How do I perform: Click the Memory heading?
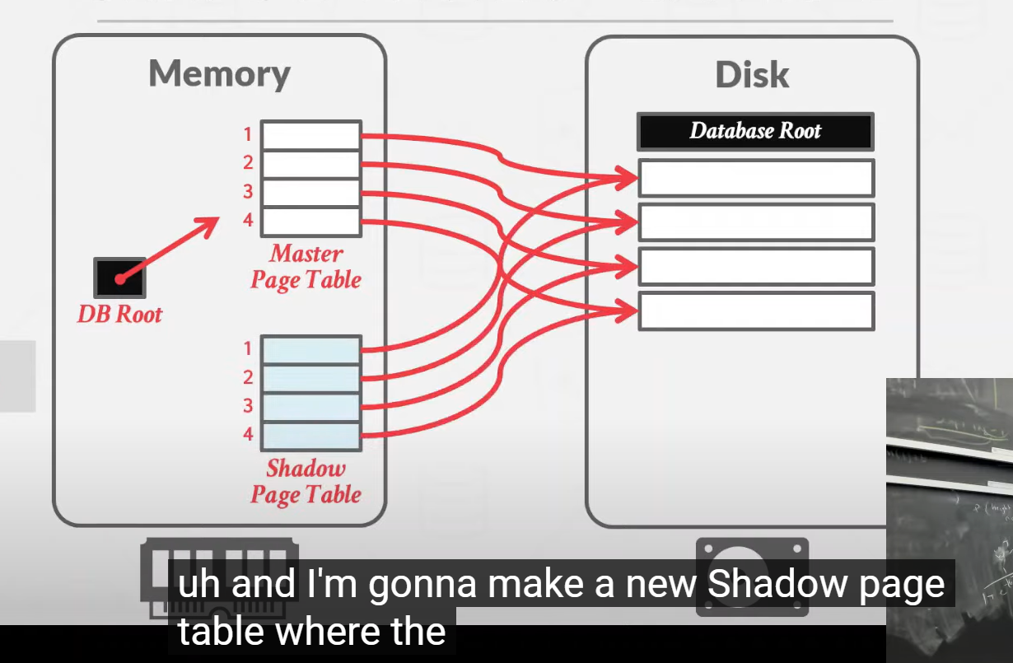click(x=219, y=73)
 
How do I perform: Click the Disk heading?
click(x=752, y=75)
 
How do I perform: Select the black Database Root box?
click(x=755, y=132)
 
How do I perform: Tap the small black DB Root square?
click(x=120, y=278)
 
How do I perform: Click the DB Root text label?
click(x=120, y=314)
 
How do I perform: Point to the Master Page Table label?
click(x=306, y=266)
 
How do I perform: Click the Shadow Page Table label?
click(x=306, y=482)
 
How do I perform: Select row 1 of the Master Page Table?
click(x=310, y=135)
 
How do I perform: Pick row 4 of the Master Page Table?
click(x=310, y=222)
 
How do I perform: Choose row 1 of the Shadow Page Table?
click(x=310, y=349)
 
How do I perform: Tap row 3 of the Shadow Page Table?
click(x=310, y=407)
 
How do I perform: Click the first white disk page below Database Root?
click(x=755, y=178)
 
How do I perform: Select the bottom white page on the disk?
click(x=755, y=311)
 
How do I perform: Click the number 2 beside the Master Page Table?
click(x=247, y=163)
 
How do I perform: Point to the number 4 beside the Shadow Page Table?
click(x=247, y=435)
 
